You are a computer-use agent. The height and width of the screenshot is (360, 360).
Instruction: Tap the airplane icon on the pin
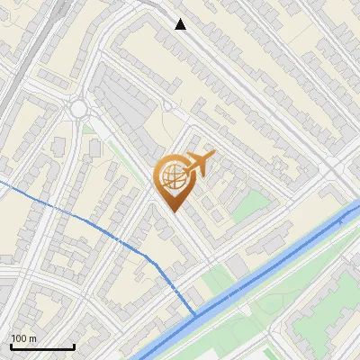199,163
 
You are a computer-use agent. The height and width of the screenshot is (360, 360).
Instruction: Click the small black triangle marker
181,24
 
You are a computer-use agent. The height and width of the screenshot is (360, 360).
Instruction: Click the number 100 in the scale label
19,338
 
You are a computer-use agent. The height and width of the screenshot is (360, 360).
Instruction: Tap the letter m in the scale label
32,338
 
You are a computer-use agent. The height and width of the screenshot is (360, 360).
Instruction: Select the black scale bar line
42,346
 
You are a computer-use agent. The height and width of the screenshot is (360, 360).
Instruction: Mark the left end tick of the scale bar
11,345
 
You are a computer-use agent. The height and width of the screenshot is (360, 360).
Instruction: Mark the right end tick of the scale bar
74,345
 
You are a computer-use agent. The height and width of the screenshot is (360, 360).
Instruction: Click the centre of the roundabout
78,110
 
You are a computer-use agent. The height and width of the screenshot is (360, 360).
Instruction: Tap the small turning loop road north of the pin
167,106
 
